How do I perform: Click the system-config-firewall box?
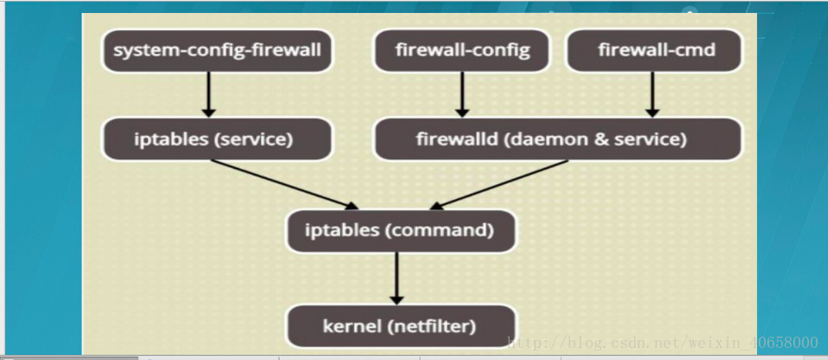(x=217, y=51)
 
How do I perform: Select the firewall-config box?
(x=461, y=51)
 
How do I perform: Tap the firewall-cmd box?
(x=654, y=51)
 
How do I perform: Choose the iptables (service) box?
(x=217, y=138)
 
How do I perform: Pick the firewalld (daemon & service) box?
(x=558, y=138)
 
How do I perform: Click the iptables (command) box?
(x=401, y=231)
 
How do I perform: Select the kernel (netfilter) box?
(x=401, y=325)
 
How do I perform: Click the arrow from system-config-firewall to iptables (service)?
(x=209, y=94)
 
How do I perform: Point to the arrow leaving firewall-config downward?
(x=462, y=94)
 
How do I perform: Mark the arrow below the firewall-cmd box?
(x=652, y=94)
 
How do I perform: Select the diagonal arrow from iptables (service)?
(x=286, y=184)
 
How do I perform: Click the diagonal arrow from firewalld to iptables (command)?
(x=499, y=184)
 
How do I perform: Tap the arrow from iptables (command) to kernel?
(x=396, y=278)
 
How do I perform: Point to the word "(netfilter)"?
(x=431, y=326)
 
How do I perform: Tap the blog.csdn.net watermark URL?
(x=663, y=343)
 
